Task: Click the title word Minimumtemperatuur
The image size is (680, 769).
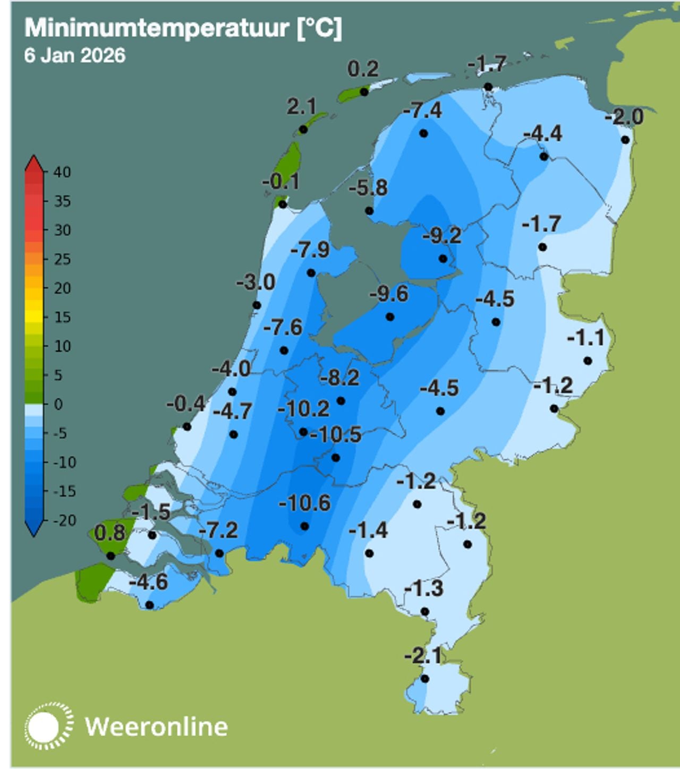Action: point(156,28)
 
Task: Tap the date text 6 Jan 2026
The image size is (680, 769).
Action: point(74,55)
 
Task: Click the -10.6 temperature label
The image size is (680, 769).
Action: point(304,502)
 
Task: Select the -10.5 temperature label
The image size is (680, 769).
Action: point(336,434)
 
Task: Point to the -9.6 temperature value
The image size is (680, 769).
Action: point(389,294)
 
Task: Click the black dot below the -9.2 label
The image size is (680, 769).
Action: point(443,259)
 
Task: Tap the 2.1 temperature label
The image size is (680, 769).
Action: point(301,107)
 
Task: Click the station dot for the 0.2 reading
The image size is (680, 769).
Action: point(364,92)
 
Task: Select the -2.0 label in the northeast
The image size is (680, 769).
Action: point(624,117)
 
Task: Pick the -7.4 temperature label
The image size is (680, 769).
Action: point(422,110)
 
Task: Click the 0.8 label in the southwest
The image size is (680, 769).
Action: point(110,533)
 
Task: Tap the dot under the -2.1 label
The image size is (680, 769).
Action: point(424,679)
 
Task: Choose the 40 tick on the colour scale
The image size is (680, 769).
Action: point(62,172)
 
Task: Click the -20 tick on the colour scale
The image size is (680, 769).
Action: point(64,520)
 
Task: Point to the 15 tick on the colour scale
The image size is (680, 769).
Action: point(62,317)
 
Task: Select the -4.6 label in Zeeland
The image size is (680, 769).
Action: point(148,582)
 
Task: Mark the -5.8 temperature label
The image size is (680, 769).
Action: point(368,188)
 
